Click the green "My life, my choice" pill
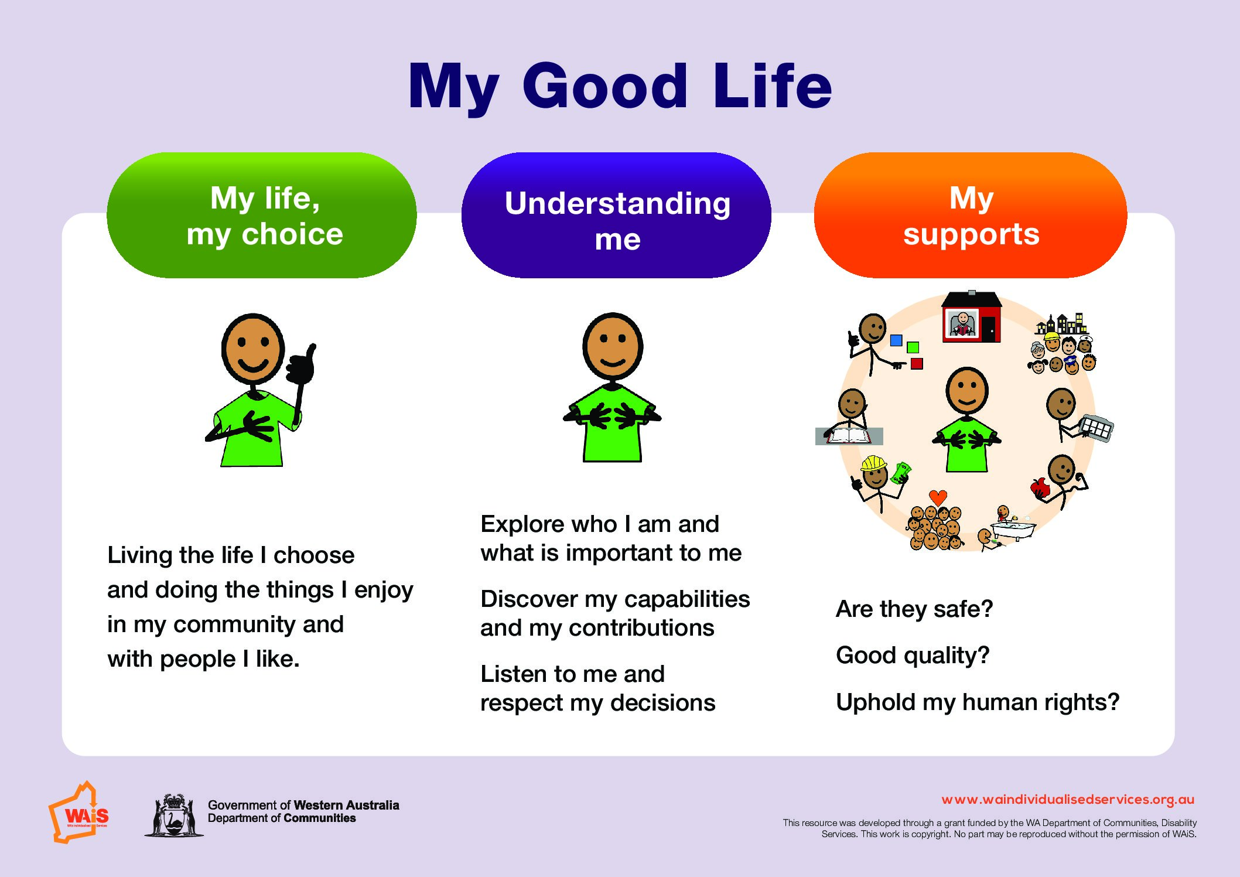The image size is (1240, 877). tap(262, 215)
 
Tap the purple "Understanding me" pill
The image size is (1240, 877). tap(616, 215)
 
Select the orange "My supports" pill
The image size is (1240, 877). tap(971, 215)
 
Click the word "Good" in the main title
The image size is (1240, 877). tap(604, 86)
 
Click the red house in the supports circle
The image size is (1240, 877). tap(972, 317)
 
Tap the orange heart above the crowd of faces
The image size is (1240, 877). tap(938, 498)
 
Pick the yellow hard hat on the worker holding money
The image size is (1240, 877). tap(873, 463)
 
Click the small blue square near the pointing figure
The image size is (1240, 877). tap(896, 340)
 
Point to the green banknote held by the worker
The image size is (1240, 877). tap(900, 472)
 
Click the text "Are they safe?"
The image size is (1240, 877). tap(914, 609)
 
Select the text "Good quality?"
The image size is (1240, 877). tap(913, 656)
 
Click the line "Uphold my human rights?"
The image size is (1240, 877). tap(978, 702)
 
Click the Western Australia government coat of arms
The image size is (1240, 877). tap(174, 815)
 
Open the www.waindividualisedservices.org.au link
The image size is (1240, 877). tap(1068, 800)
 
